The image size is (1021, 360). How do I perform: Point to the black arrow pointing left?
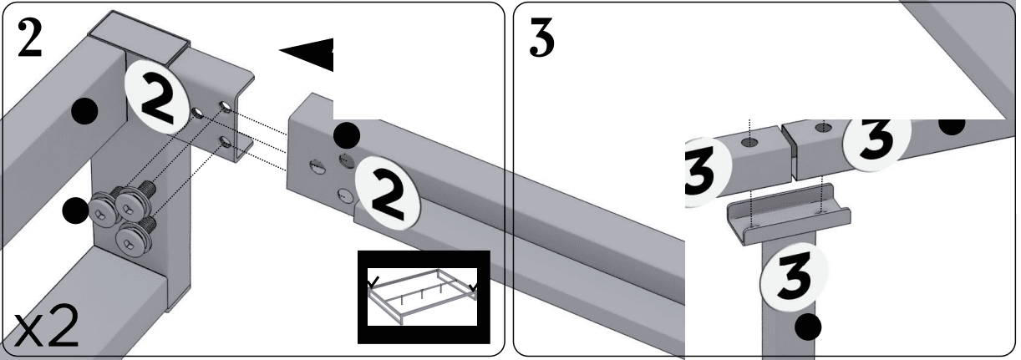click(x=307, y=53)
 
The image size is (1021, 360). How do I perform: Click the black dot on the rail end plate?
click(x=347, y=135)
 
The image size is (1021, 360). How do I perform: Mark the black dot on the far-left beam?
click(x=84, y=112)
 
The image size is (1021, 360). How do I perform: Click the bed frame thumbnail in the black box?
click(x=423, y=296)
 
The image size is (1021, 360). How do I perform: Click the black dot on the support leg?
click(x=808, y=329)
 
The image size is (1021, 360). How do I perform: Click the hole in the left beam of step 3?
click(x=749, y=143)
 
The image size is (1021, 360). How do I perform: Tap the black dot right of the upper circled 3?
click(x=952, y=124)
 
